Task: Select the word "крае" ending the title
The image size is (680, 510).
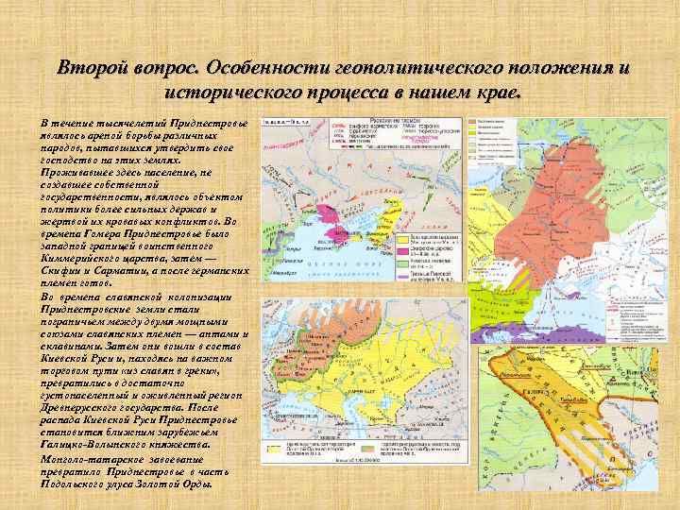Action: coord(499,93)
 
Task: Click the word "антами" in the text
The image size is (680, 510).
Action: coord(224,333)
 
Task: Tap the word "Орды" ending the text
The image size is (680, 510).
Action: coord(197,484)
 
